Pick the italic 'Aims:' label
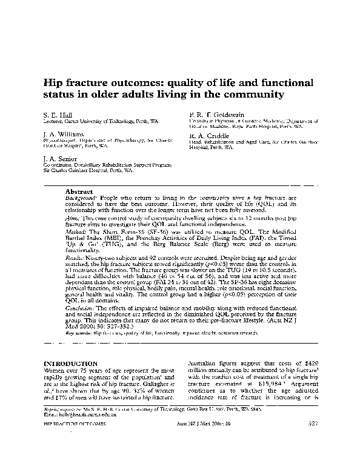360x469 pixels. pos(72,216)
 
